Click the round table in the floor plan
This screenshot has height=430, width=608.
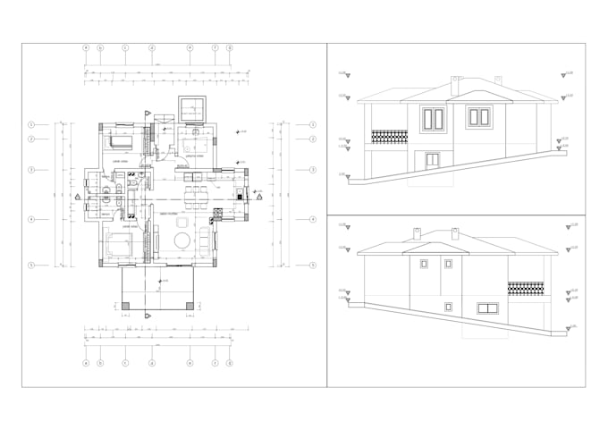click(182, 240)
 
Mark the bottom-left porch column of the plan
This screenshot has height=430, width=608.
click(125, 306)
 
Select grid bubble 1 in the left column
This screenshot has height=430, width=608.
click(31, 124)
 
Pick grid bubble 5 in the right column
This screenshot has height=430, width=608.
click(312, 266)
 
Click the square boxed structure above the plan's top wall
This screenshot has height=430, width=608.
click(193, 110)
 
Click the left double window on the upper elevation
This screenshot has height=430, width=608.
click(434, 118)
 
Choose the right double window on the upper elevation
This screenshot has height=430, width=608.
click(478, 117)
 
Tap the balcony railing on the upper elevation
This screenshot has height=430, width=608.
click(389, 137)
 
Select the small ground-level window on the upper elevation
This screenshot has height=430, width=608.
click(433, 160)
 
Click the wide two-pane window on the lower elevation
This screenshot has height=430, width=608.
click(487, 308)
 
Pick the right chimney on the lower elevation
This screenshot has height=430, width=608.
click(456, 234)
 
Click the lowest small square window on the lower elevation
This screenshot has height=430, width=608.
click(446, 307)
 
